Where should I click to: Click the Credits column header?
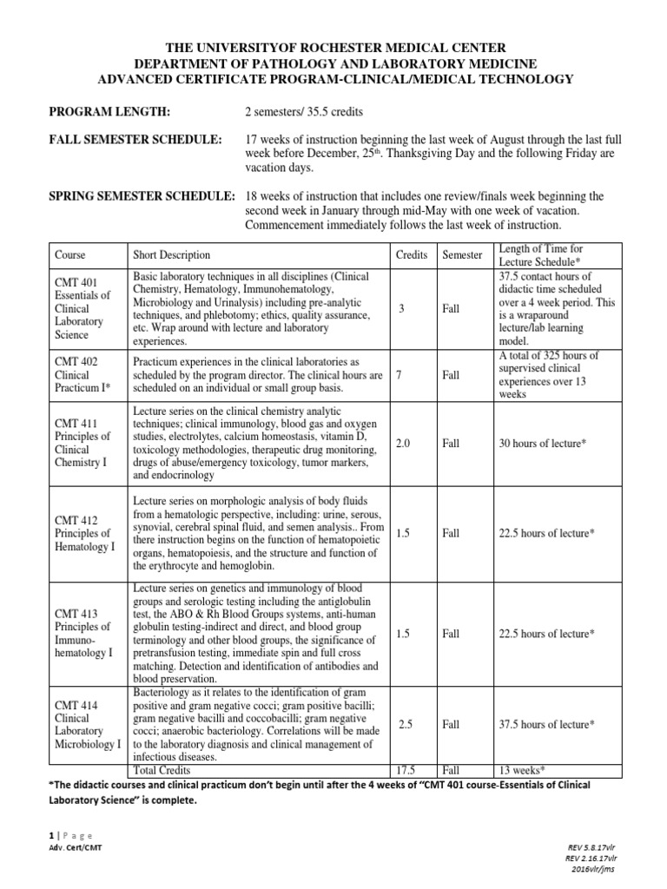[411, 255]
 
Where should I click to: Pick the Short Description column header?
[171, 255]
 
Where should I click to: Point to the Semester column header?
[461, 255]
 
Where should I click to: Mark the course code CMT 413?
[77, 611]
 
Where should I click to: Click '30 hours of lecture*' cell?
[543, 443]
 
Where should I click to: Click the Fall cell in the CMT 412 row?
[451, 533]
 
